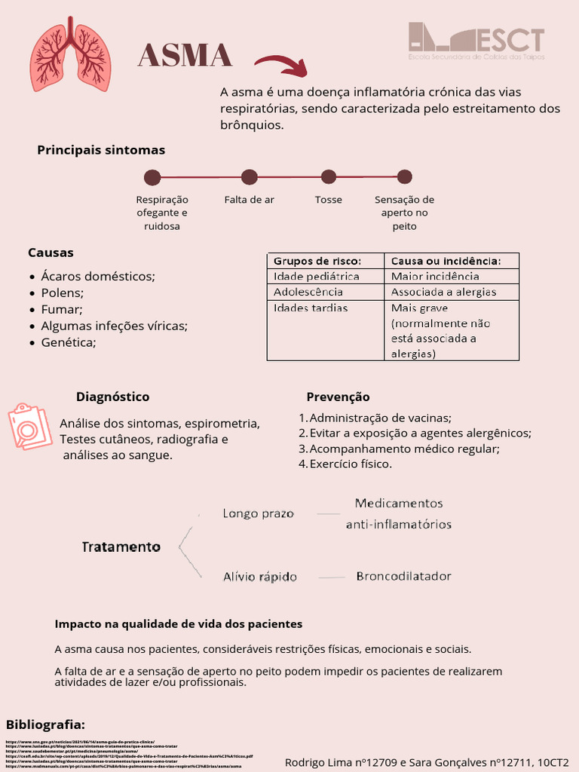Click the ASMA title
185,56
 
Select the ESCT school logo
476,42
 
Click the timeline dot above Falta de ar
250,177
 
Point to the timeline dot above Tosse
328,177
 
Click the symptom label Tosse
328,200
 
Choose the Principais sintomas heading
101,150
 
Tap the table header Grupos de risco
317,261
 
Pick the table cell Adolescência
308,292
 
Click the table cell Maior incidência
435,277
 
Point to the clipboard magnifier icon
30,426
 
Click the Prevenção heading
338,397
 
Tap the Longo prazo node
258,513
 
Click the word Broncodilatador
403,576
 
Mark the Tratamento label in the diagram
121,547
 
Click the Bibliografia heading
45,725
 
